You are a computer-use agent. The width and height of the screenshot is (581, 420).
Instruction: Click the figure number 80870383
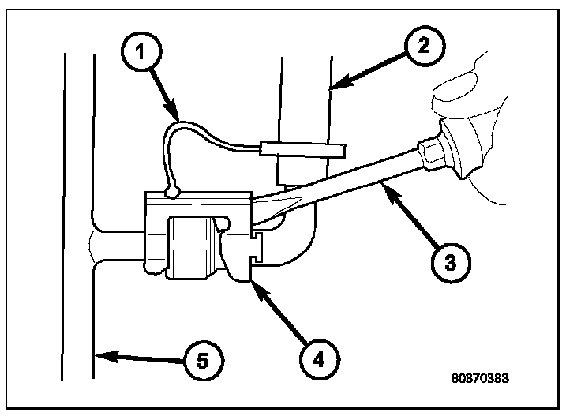481,377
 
